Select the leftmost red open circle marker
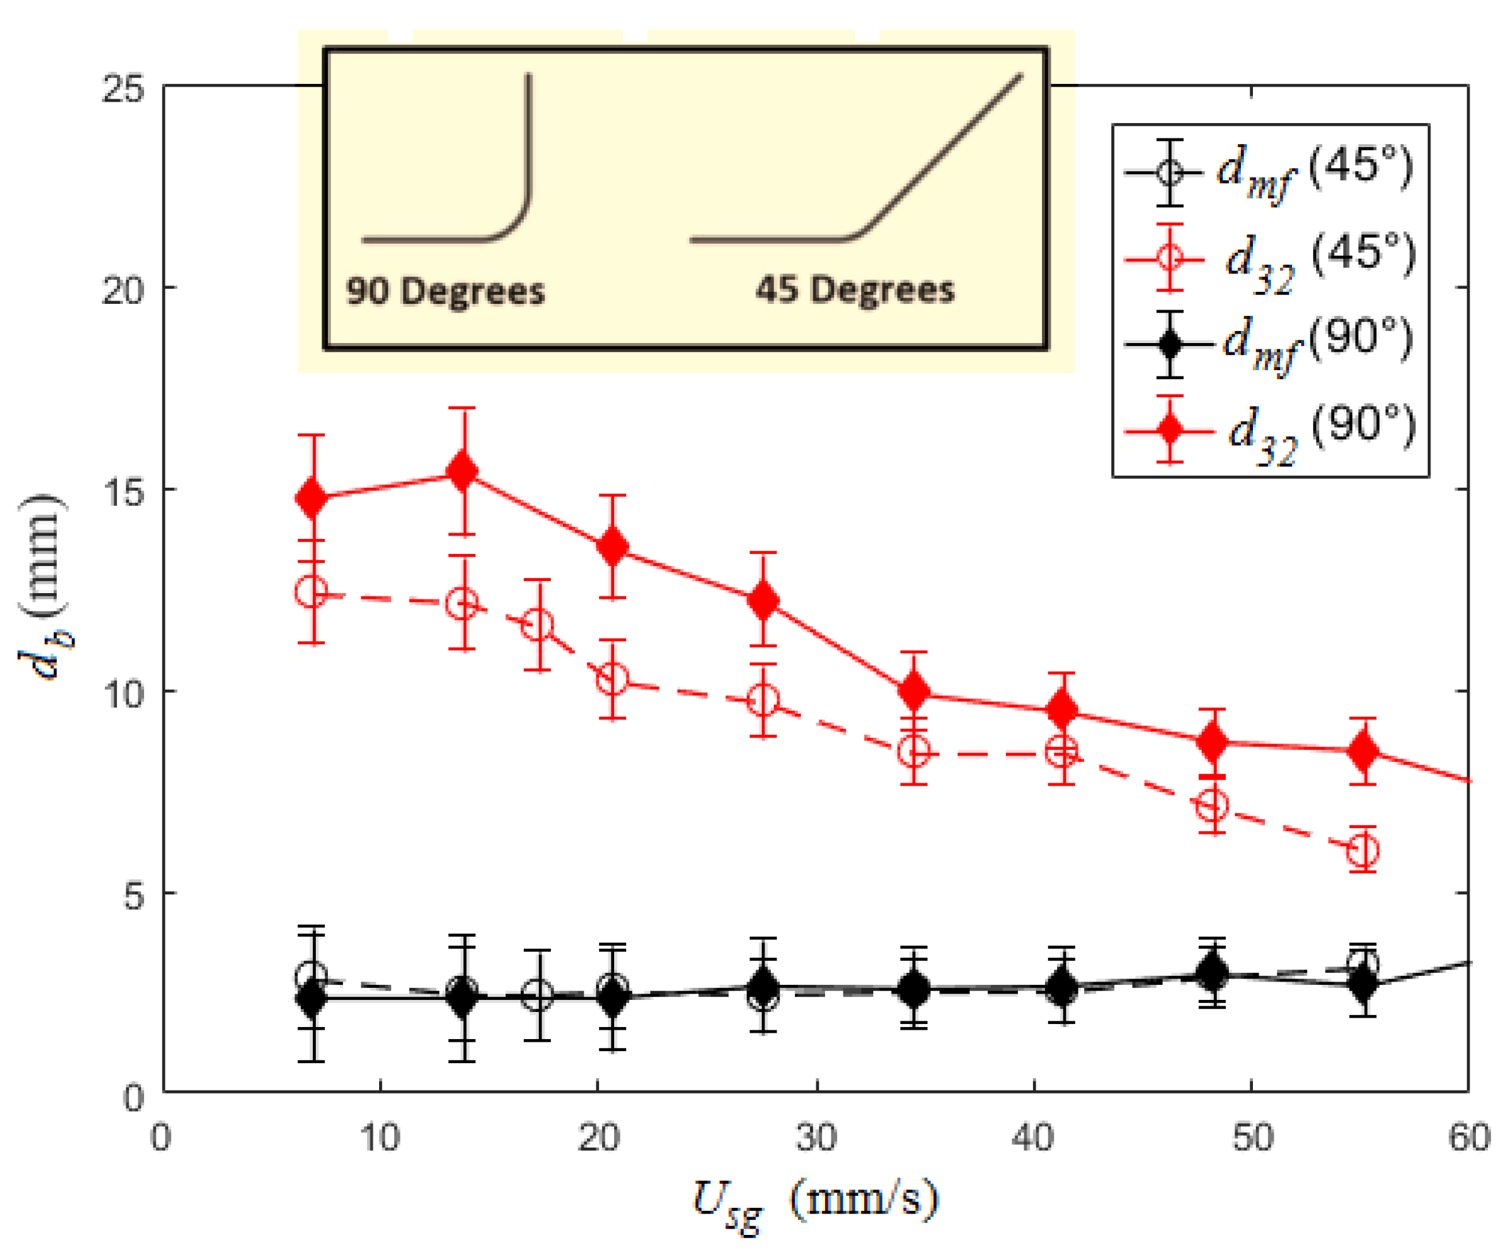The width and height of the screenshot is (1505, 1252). [x=311, y=591]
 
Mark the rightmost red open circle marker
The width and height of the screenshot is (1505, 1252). [x=1362, y=851]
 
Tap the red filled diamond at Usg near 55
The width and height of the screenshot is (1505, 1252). [x=1363, y=750]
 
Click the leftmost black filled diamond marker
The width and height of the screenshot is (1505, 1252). [x=311, y=997]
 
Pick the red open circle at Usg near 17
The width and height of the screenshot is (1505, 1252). [x=538, y=625]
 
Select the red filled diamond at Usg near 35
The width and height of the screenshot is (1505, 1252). [x=914, y=691]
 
